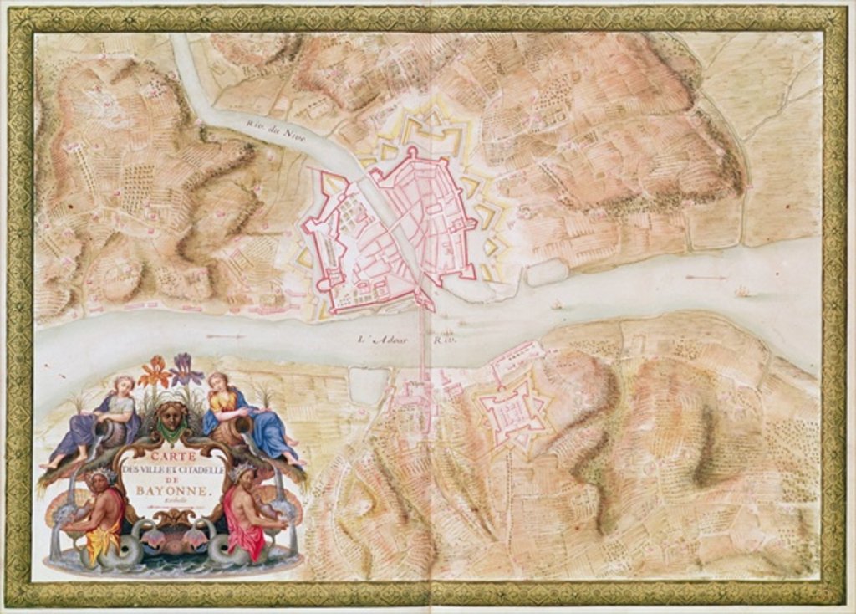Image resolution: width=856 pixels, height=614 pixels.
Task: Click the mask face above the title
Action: click(x=172, y=416)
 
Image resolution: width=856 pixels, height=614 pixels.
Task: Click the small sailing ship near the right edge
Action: click(x=741, y=292)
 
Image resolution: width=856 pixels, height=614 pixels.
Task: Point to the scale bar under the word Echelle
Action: click(x=173, y=505)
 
